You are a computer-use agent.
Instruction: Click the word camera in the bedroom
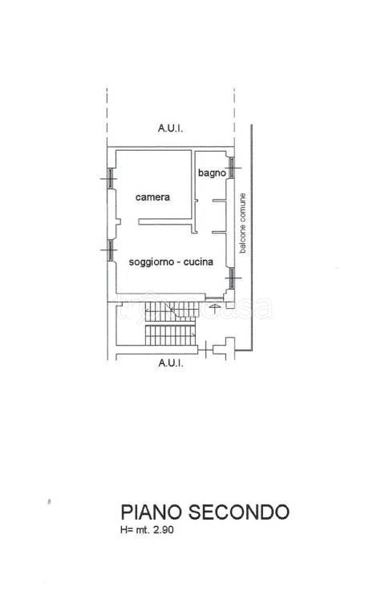(x=152, y=197)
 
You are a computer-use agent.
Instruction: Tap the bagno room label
(x=212, y=173)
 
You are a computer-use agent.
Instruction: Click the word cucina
(x=198, y=261)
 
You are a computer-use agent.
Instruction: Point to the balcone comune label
(x=243, y=223)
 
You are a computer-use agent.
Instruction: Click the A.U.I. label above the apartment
(x=171, y=128)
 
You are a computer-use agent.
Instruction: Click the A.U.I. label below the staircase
(x=171, y=363)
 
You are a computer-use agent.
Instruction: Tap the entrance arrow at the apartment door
(x=214, y=308)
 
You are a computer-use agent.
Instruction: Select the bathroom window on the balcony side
(x=232, y=168)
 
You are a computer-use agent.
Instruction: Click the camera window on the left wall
(x=111, y=179)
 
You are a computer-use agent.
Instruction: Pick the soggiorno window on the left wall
(x=111, y=250)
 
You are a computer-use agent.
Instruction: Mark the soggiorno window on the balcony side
(x=232, y=278)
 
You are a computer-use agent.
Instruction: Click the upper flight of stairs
(x=172, y=310)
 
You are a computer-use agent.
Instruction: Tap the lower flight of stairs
(x=170, y=335)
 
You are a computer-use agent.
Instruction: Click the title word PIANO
(x=152, y=512)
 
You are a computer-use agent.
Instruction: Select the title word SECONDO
(x=239, y=512)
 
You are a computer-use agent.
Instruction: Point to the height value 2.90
(x=164, y=530)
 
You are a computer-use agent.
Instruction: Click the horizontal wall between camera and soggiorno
(x=165, y=222)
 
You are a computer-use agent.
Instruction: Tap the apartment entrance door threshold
(x=214, y=299)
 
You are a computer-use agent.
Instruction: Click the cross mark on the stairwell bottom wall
(x=205, y=349)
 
